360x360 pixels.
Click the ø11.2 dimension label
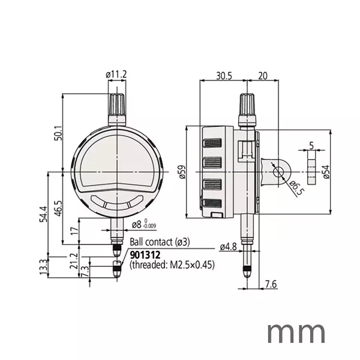pos(116,74)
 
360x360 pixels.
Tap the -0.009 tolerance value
pos(149,227)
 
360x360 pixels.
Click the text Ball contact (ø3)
pos(160,242)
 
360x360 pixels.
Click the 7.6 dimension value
pos(269,284)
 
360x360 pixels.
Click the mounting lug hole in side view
pos(278,172)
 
